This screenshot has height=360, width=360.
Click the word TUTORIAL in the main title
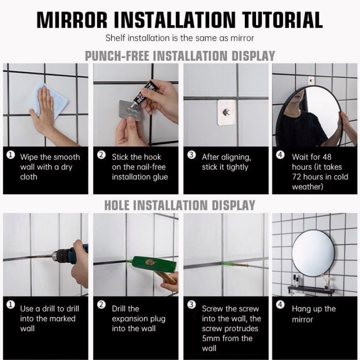[282, 20]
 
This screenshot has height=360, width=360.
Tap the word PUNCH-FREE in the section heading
[117, 56]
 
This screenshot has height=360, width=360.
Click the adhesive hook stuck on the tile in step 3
[226, 113]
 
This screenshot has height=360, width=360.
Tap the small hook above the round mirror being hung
[311, 81]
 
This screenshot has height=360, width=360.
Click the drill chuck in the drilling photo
[60, 256]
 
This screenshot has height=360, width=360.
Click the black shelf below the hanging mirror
[311, 289]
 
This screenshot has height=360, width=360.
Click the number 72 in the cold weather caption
[296, 177]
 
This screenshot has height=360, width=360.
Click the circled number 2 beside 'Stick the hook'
[101, 155]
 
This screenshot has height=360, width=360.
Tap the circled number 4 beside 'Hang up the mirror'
[280, 304]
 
